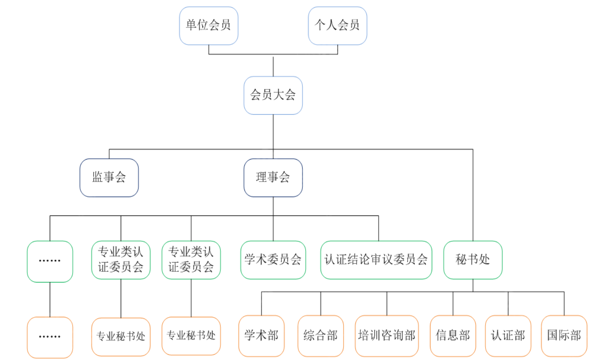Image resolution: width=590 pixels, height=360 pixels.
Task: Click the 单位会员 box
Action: pyautogui.click(x=208, y=25)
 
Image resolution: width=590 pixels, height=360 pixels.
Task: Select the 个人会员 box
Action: pyautogui.click(x=337, y=25)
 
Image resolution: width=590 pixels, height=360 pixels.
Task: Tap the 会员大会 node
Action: pyautogui.click(x=273, y=95)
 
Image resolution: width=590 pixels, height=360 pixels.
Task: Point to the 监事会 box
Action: pyautogui.click(x=109, y=178)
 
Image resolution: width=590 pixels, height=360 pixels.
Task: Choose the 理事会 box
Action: pyautogui.click(x=273, y=178)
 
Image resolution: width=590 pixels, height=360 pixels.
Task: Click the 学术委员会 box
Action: pyautogui.click(x=273, y=260)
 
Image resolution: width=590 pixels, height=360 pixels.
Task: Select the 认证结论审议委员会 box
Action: pyautogui.click(x=376, y=260)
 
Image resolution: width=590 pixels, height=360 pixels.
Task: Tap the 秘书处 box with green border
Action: pyautogui.click(x=472, y=260)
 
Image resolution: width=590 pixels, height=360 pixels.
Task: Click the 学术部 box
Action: pyautogui.click(x=261, y=336)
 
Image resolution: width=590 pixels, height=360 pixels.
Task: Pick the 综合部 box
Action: pyautogui.click(x=320, y=336)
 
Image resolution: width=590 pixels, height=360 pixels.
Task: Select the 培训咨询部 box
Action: pyautogui.click(x=386, y=336)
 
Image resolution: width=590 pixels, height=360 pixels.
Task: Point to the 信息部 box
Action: pyautogui.click(x=452, y=336)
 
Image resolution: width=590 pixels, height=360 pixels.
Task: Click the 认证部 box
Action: pyautogui.click(x=508, y=336)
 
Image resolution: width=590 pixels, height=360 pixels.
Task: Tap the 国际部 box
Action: pyautogui.click(x=564, y=336)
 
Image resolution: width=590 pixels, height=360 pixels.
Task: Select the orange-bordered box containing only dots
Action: pyautogui.click(x=50, y=337)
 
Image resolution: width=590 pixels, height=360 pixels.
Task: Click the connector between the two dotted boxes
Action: pyautogui.click(x=50, y=299)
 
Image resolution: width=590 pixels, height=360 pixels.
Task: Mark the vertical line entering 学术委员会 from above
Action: pyautogui.click(x=273, y=229)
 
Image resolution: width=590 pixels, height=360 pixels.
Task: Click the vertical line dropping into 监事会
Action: pyautogui.click(x=109, y=154)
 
